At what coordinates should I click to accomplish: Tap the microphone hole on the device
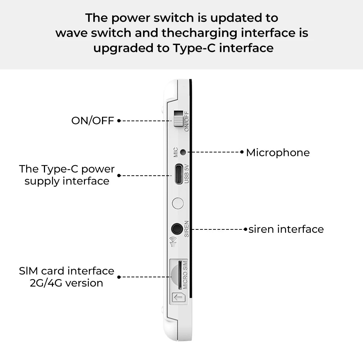tap(183, 152)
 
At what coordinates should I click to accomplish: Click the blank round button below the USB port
tap(178, 203)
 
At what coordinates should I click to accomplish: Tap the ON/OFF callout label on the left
tap(93, 121)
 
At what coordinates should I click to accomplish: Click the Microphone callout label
tap(278, 152)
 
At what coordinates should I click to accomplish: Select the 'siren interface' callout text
tap(286, 229)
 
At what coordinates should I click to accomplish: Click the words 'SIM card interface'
tap(66, 271)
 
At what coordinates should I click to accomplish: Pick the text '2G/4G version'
tap(66, 283)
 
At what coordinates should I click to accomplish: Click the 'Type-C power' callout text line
tap(67, 169)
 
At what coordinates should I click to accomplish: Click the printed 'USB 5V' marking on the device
tap(187, 174)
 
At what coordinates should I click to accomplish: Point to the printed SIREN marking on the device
tap(187, 229)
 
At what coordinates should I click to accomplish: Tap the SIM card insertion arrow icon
tap(179, 298)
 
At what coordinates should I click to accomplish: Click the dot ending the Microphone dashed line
tap(242, 152)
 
